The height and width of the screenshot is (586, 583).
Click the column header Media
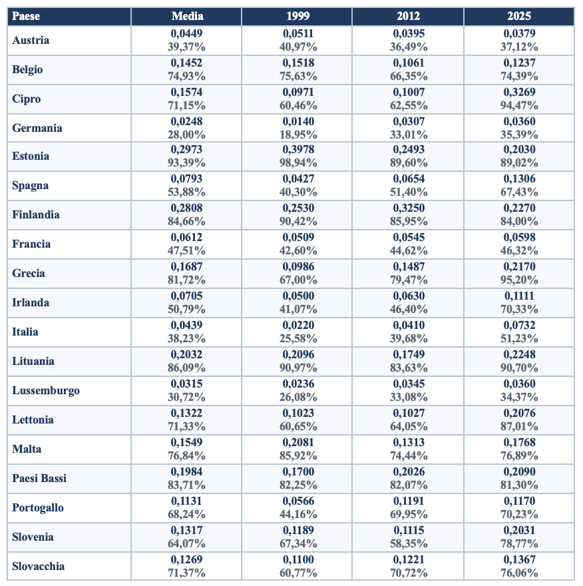(187, 16)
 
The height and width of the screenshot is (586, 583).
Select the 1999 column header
(297, 16)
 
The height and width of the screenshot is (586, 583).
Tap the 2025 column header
(518, 16)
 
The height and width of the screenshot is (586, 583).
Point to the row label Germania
(37, 128)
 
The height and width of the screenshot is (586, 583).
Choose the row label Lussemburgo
(45, 390)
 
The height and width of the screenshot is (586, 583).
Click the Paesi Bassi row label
(39, 478)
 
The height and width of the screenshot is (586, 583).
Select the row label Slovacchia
(38, 566)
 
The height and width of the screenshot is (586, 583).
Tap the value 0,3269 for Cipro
(519, 92)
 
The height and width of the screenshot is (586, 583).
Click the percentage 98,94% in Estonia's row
(298, 163)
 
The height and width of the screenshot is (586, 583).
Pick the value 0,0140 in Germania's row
(298, 121)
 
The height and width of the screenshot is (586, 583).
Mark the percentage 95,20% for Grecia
(519, 280)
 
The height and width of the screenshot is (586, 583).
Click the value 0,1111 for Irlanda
(519, 296)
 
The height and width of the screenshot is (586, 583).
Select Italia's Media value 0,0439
(186, 325)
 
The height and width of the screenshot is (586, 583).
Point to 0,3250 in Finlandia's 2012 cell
(409, 208)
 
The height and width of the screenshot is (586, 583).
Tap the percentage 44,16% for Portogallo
(298, 515)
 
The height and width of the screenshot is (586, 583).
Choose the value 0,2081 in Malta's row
(298, 442)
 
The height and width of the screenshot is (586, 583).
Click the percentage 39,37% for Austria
(186, 47)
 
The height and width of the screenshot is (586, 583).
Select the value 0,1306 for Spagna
(519, 178)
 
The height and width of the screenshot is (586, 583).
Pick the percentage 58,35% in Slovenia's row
(409, 544)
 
